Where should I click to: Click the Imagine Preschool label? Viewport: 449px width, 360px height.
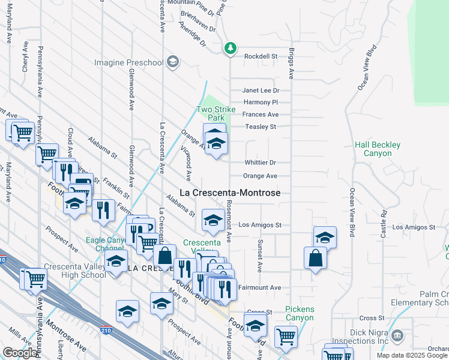click(129, 62)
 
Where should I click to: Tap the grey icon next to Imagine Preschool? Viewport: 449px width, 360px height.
click(173, 62)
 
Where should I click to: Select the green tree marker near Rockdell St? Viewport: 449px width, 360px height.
click(230, 48)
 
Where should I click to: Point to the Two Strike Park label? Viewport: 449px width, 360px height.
click(211, 113)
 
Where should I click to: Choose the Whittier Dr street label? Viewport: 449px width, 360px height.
click(260, 163)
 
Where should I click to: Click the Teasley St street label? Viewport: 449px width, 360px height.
click(261, 127)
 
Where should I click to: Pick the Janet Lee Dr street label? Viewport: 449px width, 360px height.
click(261, 90)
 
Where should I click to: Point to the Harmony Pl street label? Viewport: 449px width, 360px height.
click(261, 103)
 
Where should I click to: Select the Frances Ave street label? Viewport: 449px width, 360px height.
click(261, 115)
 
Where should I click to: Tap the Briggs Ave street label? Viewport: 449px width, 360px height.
click(292, 64)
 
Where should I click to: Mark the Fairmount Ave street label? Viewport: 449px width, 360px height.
click(259, 288)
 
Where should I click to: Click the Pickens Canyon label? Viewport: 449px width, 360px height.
click(300, 313)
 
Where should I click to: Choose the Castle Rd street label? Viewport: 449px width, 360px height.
click(383, 222)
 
